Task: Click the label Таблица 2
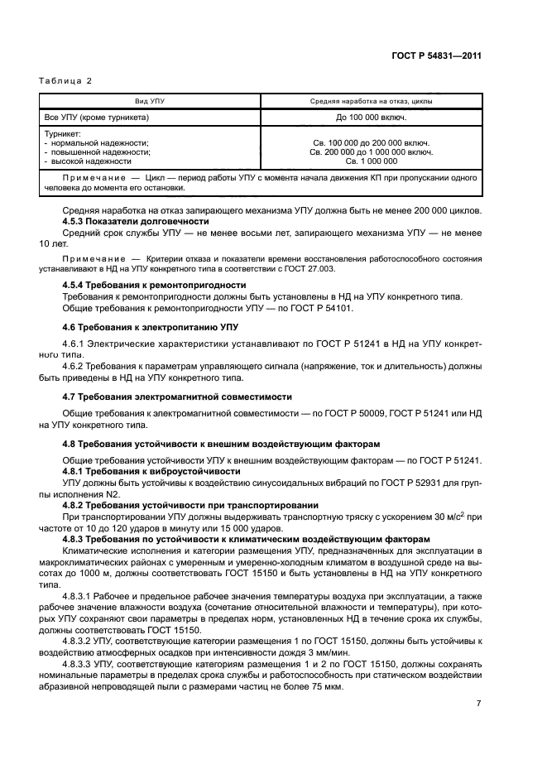(65, 80)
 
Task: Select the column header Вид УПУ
(152, 101)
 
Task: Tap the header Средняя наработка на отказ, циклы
(370, 101)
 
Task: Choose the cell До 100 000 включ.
(370, 118)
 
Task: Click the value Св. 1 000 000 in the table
(370, 161)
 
